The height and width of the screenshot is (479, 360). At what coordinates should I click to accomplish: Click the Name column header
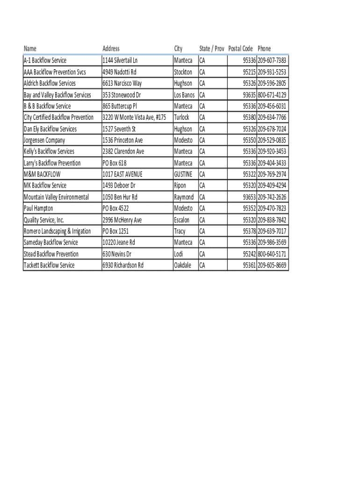click(30, 49)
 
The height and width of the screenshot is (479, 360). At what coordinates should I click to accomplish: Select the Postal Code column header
click(240, 49)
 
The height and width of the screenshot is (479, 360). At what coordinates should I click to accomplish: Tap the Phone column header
click(264, 49)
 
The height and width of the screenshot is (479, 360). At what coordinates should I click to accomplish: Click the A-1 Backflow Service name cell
click(45, 60)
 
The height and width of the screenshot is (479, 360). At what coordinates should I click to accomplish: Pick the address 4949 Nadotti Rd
click(119, 72)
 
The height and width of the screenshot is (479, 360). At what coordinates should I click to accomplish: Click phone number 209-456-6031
click(272, 106)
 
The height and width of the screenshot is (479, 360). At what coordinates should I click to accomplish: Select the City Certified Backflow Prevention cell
click(58, 117)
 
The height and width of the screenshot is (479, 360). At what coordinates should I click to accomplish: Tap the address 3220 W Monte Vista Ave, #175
click(134, 117)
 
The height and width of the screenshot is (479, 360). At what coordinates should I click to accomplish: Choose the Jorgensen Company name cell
click(44, 140)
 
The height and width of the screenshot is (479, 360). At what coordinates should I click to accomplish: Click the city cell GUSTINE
click(183, 174)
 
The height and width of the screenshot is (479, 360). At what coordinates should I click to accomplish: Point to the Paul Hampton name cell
click(38, 209)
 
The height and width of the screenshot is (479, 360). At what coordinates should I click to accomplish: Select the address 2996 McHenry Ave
click(122, 220)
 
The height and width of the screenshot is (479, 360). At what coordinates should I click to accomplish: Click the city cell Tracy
click(180, 231)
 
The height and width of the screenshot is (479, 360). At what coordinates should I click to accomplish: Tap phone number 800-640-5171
click(272, 254)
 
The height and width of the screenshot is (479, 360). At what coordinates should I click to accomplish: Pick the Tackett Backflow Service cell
click(49, 265)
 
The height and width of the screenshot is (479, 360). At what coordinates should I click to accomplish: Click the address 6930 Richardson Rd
click(123, 265)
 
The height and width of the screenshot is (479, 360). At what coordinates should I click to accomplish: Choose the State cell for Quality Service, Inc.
click(202, 220)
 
